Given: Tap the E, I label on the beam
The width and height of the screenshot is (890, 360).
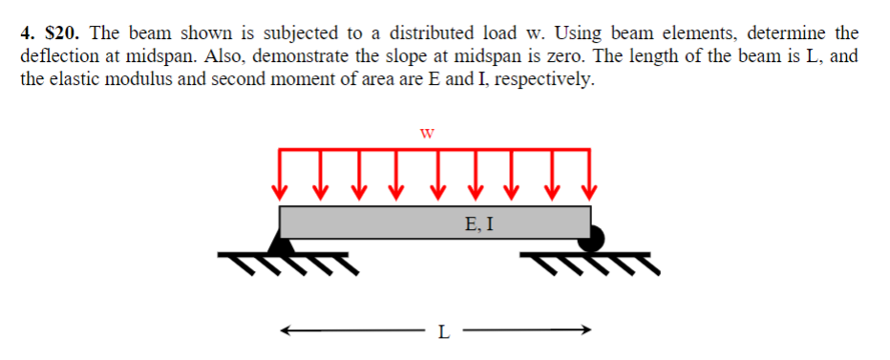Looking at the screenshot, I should tap(477, 225).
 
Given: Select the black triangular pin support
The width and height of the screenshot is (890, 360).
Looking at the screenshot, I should tap(281, 244).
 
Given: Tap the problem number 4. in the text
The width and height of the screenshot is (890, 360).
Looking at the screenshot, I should tap(28, 34).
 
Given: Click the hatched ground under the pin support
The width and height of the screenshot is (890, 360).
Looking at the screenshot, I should tap(286, 261).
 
